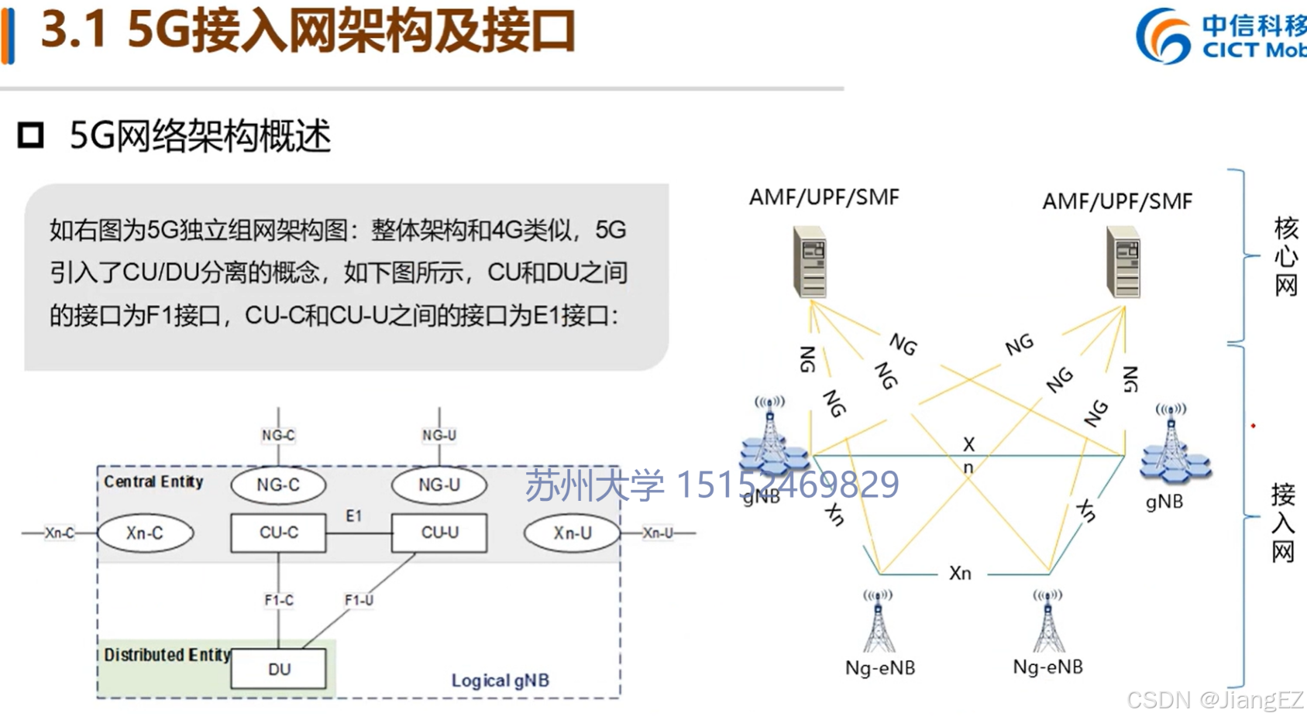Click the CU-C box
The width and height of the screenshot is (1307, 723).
click(278, 533)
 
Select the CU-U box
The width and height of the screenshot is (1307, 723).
click(439, 533)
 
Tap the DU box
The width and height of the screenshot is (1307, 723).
click(278, 669)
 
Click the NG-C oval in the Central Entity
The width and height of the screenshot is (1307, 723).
click(278, 485)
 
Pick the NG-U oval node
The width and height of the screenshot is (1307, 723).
click(439, 485)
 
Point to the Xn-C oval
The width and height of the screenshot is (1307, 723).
click(145, 533)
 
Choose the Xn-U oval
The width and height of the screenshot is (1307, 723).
click(572, 533)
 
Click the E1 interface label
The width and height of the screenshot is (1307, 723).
click(354, 516)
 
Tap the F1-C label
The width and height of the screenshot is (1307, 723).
click(279, 600)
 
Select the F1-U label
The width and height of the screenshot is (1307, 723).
click(359, 600)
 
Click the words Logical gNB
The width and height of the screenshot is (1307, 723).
click(500, 680)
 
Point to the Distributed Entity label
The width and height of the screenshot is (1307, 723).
click(167, 655)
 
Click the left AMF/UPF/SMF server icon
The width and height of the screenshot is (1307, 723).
click(810, 262)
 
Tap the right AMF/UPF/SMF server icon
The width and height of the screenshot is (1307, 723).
click(1124, 262)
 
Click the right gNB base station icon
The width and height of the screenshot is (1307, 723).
click(1173, 445)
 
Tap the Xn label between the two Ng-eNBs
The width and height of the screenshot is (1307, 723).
click(960, 573)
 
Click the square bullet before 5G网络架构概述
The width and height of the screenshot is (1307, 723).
click(31, 135)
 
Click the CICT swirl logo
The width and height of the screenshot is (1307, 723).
click(1163, 36)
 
